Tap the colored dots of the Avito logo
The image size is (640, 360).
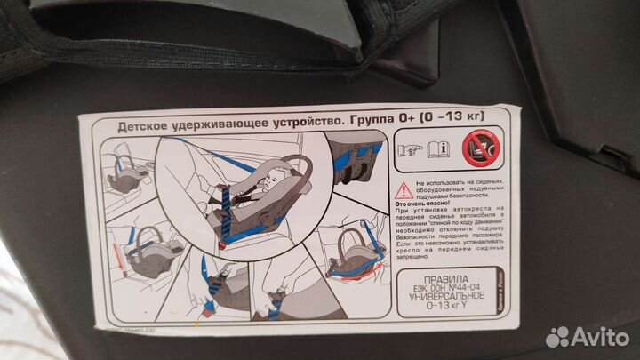pyautogui.click(x=557, y=336)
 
